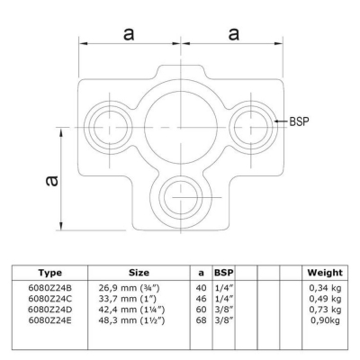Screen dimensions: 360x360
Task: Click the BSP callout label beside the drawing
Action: [299, 121]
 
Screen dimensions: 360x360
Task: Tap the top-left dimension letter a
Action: [129, 34]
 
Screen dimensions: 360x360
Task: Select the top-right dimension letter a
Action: [234, 34]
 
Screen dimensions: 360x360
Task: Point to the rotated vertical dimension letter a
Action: [51, 181]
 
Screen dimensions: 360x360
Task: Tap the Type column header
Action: [50, 273]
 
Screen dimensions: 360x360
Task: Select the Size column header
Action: [139, 273]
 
